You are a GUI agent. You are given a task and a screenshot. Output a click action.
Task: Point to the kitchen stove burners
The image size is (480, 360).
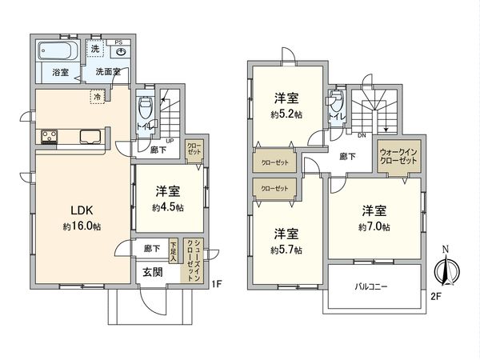(x=45, y=136)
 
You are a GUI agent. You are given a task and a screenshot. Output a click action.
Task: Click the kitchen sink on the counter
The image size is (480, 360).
(x=88, y=135)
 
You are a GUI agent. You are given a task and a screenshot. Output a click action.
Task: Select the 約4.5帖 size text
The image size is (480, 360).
(x=168, y=208)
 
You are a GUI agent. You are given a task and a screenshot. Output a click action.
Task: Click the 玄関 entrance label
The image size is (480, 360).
(x=153, y=271)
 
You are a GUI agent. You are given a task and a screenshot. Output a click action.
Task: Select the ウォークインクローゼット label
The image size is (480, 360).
(x=398, y=156)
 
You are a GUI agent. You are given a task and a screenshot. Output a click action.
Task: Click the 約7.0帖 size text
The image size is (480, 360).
(x=374, y=227)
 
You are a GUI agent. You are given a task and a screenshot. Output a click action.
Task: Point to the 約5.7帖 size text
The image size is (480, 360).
(x=286, y=250)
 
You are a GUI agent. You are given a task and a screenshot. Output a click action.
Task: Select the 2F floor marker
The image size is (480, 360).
(x=435, y=296)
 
